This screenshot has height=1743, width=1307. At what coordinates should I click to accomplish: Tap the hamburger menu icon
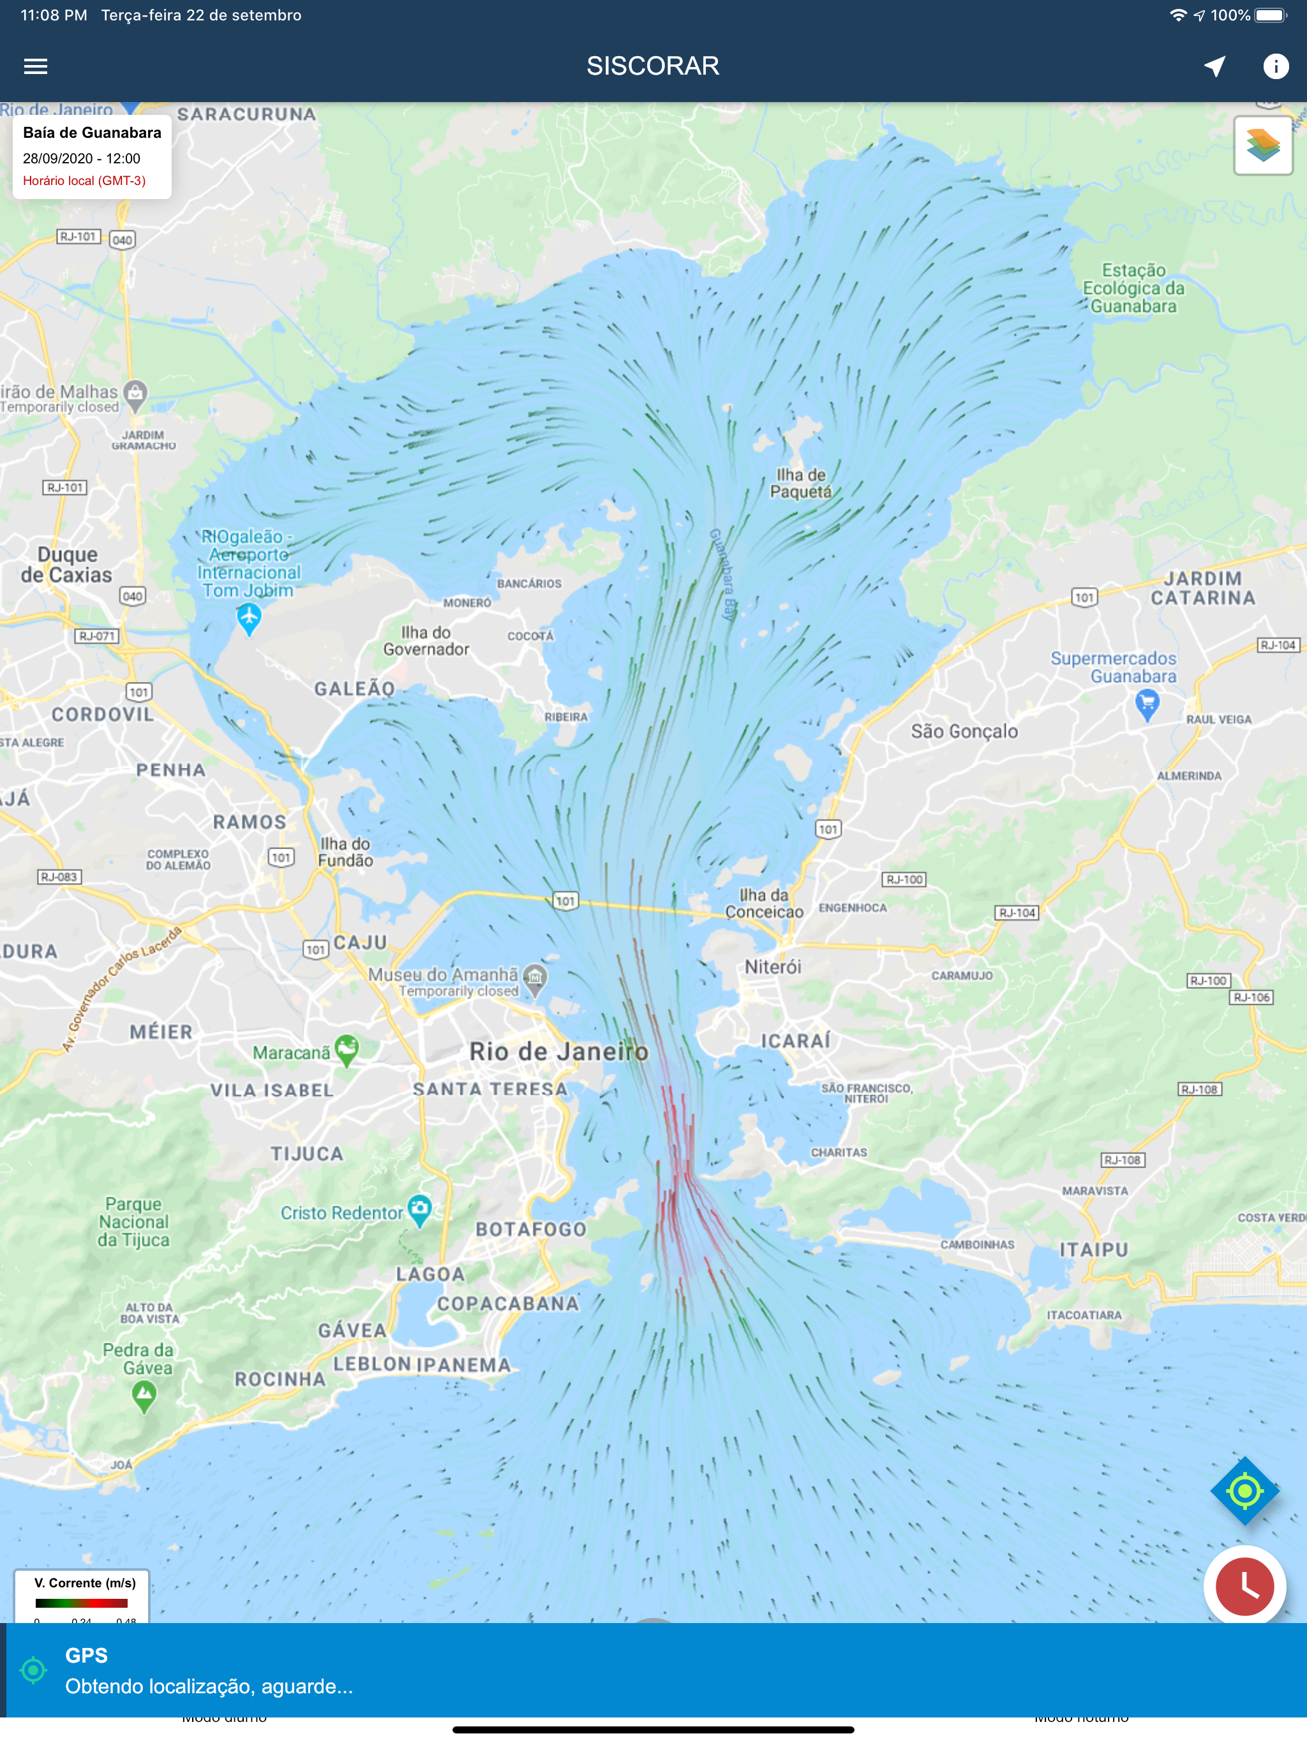pyautogui.click(x=36, y=66)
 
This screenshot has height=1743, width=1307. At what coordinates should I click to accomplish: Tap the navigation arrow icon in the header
pyautogui.click(x=1214, y=66)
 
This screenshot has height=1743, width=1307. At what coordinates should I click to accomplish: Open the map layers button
pyautogui.click(x=1262, y=145)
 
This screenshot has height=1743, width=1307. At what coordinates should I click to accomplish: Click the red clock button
pyautogui.click(x=1244, y=1586)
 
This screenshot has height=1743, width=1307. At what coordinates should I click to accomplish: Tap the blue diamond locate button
pyautogui.click(x=1244, y=1491)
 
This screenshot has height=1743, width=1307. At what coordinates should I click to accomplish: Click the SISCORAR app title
pyautogui.click(x=653, y=66)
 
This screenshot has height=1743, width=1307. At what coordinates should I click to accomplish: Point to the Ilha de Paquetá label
pyautogui.click(x=801, y=483)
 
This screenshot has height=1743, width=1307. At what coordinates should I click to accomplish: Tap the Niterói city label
pyautogui.click(x=773, y=967)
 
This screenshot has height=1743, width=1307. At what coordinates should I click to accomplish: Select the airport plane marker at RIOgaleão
pyautogui.click(x=249, y=617)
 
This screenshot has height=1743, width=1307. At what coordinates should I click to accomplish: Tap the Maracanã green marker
pyautogui.click(x=347, y=1049)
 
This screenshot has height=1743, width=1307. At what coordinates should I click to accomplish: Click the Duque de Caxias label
pyautogui.click(x=67, y=564)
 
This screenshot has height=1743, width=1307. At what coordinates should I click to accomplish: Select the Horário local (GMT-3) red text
pyautogui.click(x=84, y=181)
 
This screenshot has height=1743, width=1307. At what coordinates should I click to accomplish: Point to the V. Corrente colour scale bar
pyautogui.click(x=81, y=1603)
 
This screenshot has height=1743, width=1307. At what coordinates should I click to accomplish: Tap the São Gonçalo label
pyautogui.click(x=964, y=731)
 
